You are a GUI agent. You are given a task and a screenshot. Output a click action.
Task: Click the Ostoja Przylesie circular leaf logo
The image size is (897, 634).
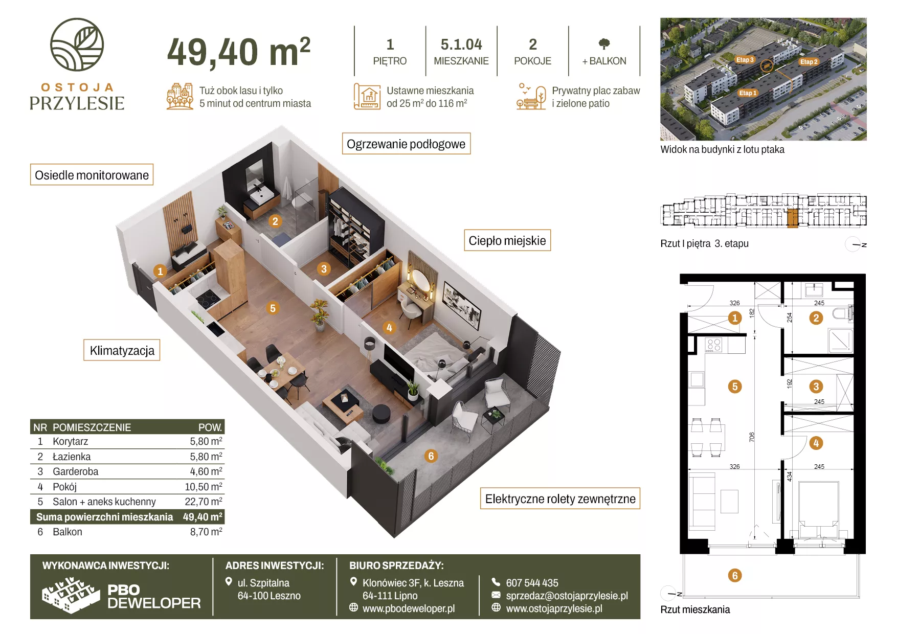77,44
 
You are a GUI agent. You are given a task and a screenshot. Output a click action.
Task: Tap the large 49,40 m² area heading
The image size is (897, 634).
239,52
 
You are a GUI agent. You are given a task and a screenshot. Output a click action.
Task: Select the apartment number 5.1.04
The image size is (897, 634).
461,44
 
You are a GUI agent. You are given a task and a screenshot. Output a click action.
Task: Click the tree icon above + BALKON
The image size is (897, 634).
604,44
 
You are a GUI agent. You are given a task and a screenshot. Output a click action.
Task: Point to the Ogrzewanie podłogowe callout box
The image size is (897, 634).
406,144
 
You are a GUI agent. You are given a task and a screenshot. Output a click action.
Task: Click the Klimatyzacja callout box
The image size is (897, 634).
122,350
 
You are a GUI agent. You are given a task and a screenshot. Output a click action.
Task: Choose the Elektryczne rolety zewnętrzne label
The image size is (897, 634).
560,499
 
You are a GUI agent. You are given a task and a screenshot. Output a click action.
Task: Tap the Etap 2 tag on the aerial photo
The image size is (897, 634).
809,62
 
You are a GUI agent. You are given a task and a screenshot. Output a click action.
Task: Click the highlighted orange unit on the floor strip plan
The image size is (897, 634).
792,218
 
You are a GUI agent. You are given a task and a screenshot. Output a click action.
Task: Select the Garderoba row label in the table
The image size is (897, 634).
75,471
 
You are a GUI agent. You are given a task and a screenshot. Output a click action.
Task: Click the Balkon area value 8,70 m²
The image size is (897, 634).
206,532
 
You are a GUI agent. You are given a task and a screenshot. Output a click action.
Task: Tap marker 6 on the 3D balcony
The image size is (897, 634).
431,456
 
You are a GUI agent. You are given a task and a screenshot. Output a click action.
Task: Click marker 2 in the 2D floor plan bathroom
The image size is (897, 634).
816,318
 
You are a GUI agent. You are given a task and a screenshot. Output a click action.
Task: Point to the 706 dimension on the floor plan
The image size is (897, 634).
752,437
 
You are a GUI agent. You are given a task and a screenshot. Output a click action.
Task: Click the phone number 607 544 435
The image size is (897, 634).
532,583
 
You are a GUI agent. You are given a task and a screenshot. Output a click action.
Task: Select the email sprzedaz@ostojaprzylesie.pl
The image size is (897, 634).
567,596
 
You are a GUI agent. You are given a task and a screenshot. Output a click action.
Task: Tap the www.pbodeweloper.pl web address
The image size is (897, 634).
409,608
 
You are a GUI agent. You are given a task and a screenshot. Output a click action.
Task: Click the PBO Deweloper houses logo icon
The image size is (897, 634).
71,595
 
